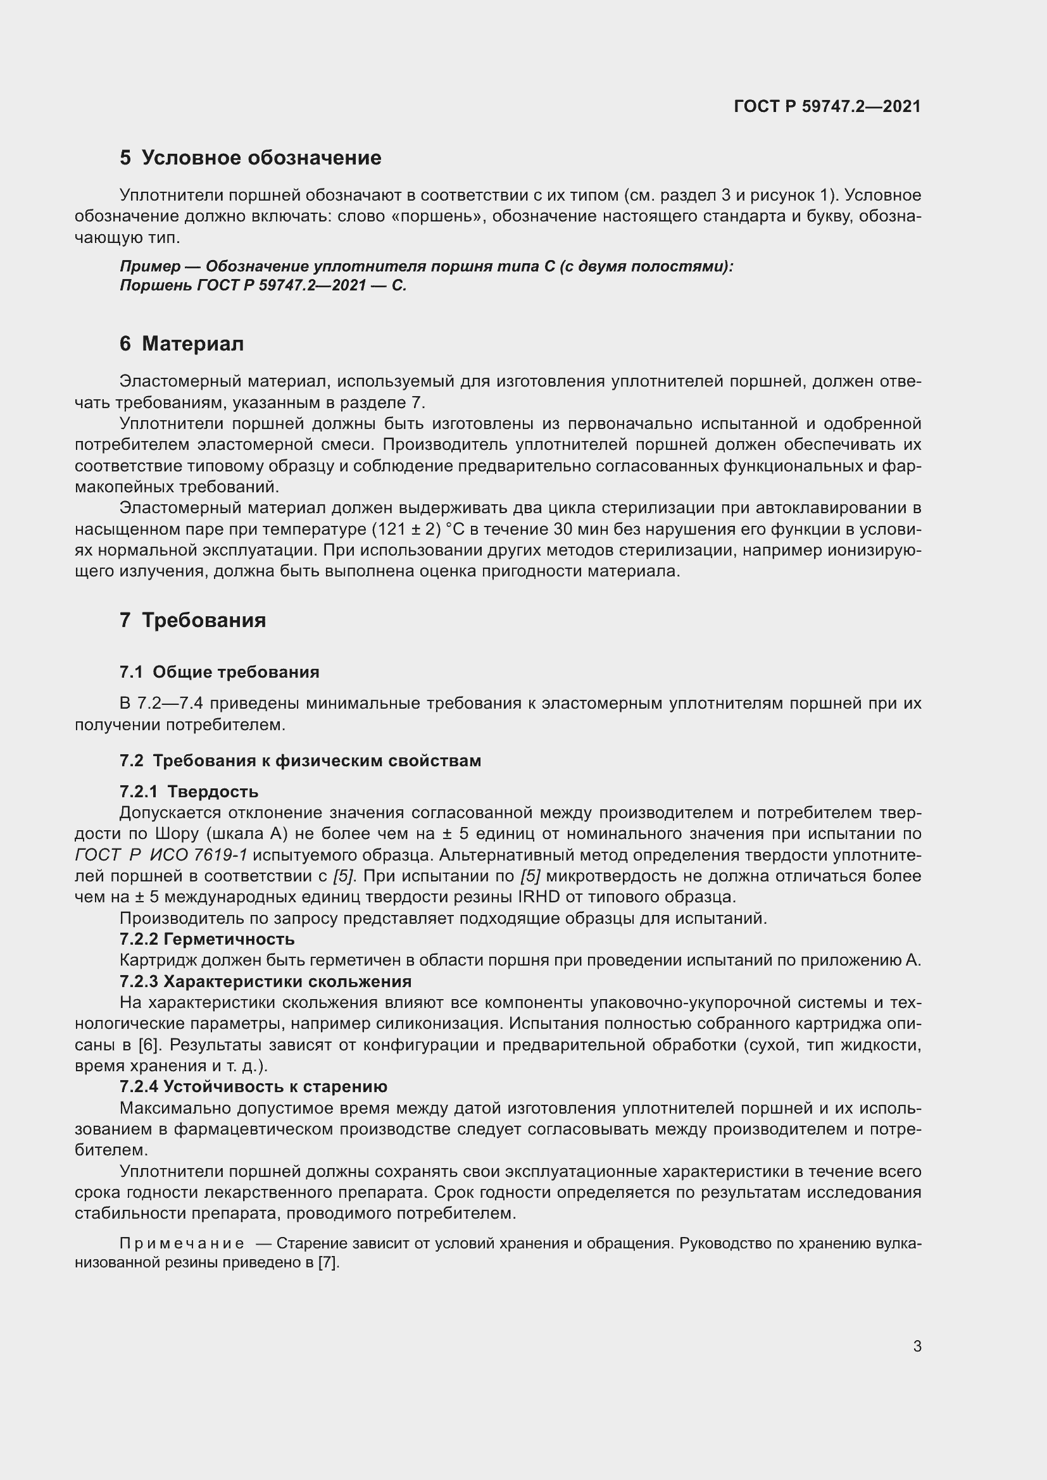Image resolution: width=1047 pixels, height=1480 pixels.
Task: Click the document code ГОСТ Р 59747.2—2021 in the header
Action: (827, 106)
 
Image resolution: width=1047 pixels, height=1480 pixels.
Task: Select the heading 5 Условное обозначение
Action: (250, 158)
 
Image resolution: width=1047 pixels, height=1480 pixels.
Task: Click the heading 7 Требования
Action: (192, 620)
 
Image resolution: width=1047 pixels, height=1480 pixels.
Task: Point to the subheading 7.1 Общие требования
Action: (219, 673)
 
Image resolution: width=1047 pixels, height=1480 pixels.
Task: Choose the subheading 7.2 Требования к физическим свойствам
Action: (300, 761)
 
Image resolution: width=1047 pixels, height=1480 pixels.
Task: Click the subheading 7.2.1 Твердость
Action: (189, 792)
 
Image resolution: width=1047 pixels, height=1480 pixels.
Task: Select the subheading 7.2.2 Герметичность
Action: (207, 939)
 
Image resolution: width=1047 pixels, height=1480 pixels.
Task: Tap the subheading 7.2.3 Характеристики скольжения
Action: (265, 982)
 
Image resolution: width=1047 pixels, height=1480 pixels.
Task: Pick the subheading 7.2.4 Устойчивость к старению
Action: (253, 1087)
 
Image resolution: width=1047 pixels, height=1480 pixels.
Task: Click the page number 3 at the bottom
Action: (917, 1346)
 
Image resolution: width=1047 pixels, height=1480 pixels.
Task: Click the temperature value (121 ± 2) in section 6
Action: (406, 530)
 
